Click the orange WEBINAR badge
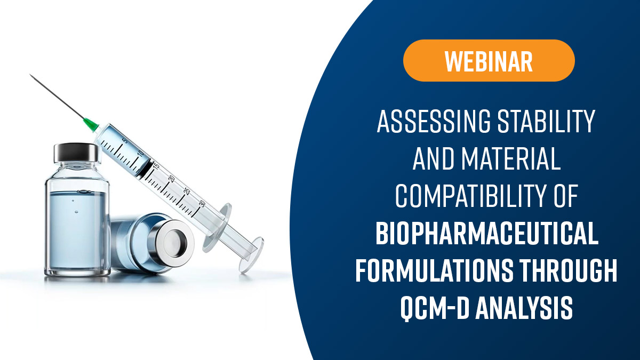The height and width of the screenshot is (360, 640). point(489,60)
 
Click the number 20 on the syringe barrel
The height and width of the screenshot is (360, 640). point(171,179)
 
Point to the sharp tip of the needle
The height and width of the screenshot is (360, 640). point(31,75)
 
